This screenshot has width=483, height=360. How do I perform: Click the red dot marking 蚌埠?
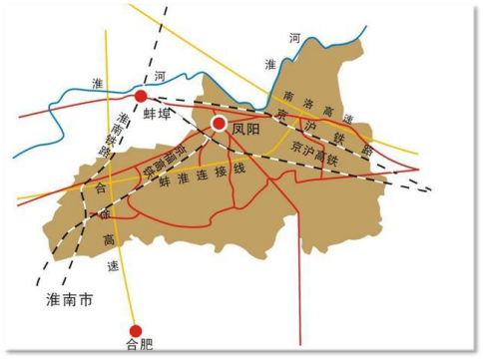(x=142, y=96)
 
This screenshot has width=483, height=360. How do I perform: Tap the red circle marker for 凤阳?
(x=219, y=124)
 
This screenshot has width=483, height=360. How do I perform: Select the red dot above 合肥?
(x=137, y=330)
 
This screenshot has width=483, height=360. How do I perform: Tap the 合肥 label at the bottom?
(x=137, y=347)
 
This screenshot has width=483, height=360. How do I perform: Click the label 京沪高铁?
(x=315, y=145)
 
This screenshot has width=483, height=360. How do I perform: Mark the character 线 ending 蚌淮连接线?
(x=239, y=169)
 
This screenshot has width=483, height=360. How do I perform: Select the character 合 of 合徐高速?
(x=100, y=186)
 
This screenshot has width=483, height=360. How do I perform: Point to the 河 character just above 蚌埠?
(x=160, y=77)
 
